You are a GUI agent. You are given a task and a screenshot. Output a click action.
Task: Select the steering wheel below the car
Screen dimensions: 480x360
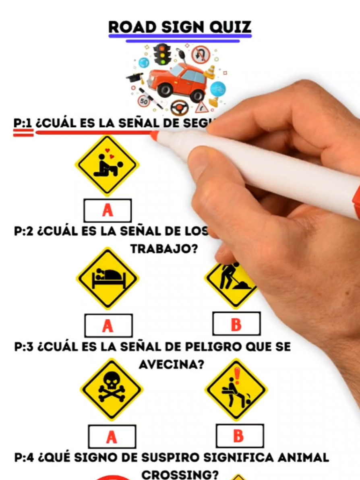pos(179,108)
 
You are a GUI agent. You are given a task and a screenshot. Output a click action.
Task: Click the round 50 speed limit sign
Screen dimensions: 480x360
pos(144,101)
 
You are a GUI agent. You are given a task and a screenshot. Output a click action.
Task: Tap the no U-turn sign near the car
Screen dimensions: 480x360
pos(201,54)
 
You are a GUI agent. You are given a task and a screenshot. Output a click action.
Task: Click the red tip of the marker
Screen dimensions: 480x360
pos(154,136)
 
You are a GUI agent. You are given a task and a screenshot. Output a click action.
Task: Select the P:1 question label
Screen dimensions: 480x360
pos(23,123)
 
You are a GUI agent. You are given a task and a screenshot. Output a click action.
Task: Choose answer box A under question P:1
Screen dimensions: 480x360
pos(108,210)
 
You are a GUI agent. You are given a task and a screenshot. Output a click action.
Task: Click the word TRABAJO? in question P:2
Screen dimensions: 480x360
pos(164,249)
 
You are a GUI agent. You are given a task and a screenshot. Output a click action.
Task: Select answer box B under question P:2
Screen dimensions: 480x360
pos(236,324)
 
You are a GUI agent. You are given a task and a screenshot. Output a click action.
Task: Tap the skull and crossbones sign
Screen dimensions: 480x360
pos(112,389)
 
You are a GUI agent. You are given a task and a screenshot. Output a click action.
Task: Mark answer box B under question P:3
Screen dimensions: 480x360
pos(240,436)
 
